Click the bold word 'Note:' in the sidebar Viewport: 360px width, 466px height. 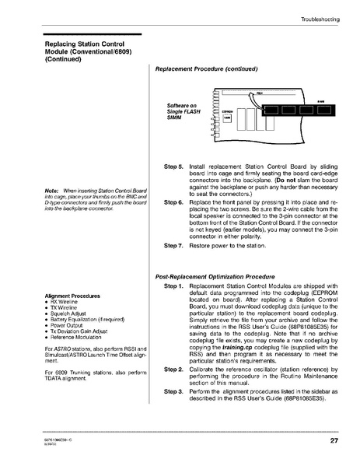pos(53,191)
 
